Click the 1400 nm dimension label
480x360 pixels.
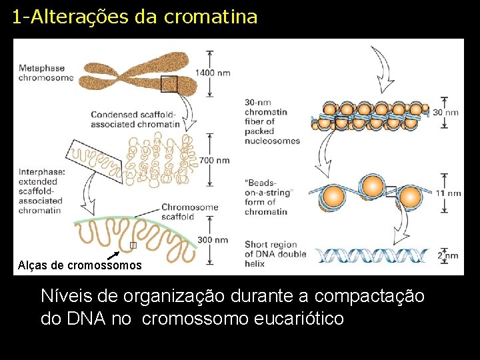point(213,72)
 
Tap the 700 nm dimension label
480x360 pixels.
point(213,161)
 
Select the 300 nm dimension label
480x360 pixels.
point(213,240)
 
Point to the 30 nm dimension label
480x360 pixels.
point(446,113)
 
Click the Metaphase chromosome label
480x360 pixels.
point(45,73)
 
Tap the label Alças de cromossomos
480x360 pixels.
point(79,265)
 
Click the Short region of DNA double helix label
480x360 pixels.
point(275,254)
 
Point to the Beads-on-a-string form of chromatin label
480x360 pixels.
point(269,197)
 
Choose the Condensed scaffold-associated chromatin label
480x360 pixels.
point(135,119)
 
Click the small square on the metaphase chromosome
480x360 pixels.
point(169,83)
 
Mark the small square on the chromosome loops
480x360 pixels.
point(133,245)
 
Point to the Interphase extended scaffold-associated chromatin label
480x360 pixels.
point(41,191)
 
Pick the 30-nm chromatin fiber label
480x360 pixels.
point(272,121)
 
